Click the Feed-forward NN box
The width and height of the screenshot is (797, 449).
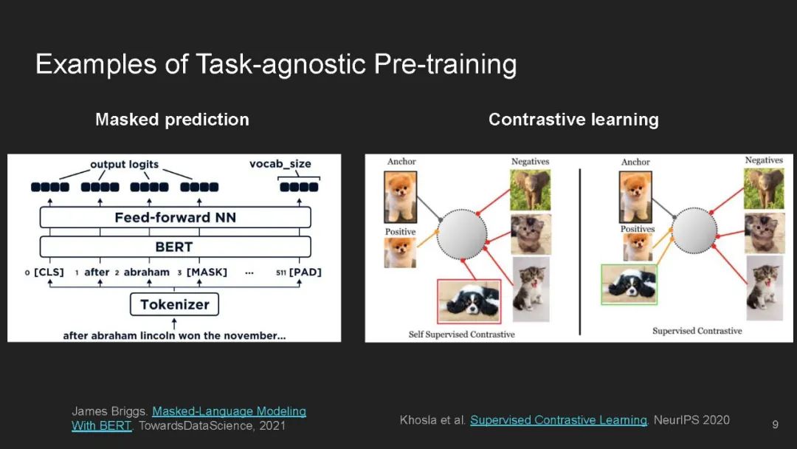coord(176,218)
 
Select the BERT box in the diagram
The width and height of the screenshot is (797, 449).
coord(176,247)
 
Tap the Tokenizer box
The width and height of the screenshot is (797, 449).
coord(174,304)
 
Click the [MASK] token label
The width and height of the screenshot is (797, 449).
coord(207,272)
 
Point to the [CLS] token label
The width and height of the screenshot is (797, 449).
coord(49,272)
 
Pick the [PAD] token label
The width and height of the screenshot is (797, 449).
coord(305,272)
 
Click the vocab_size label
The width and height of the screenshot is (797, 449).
coord(280,164)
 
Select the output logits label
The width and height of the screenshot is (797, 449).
coord(125,164)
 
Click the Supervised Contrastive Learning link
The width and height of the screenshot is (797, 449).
coord(559,420)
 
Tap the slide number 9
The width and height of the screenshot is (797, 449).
coord(775,425)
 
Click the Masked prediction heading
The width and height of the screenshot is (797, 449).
coord(172,120)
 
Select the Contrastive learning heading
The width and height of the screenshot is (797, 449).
coord(573,120)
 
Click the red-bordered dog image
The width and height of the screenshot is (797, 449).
coord(469,301)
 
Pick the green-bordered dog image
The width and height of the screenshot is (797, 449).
coord(629,285)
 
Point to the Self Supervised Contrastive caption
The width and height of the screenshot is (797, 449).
coord(461,334)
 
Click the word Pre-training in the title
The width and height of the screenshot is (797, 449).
coord(445,64)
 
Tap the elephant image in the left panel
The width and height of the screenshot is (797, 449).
coord(530,190)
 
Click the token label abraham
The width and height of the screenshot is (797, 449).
coord(147,272)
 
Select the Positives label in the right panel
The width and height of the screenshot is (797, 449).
coord(638,229)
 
